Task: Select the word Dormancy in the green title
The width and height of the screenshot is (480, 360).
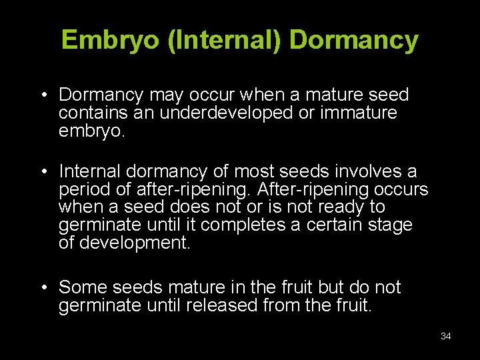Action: tap(354, 41)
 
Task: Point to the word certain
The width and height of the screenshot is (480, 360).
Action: tap(331, 225)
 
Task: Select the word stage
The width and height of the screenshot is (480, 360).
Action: tap(389, 225)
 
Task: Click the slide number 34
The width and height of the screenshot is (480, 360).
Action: tap(446, 336)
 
